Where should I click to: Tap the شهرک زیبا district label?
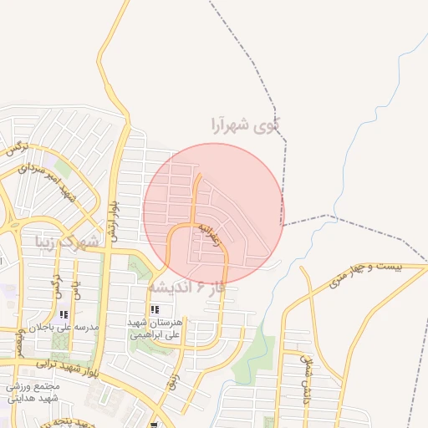67,243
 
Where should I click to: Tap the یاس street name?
75,292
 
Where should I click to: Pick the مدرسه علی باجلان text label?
64,328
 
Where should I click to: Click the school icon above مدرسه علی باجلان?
64,314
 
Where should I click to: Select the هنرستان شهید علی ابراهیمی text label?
155,329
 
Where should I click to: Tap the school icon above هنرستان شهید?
155,310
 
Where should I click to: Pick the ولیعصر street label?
19,339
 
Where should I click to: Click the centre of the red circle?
214,213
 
